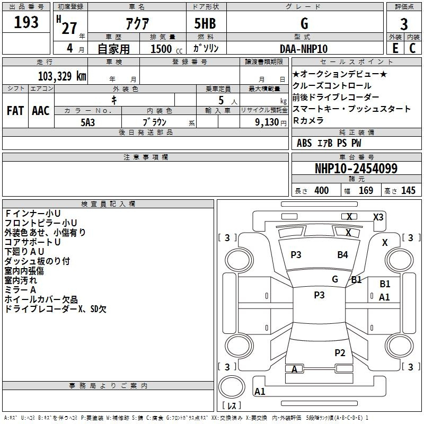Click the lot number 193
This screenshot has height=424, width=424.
click(x=26, y=22)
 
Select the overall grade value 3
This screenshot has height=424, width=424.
click(x=404, y=24)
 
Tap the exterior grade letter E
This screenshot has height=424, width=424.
click(x=395, y=48)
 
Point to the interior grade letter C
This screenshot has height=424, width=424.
click(x=412, y=48)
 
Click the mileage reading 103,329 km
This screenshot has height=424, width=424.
click(x=62, y=76)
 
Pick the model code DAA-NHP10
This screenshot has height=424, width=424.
click(x=303, y=49)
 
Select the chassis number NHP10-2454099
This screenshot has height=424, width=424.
click(x=356, y=168)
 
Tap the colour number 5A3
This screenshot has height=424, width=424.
click(x=87, y=122)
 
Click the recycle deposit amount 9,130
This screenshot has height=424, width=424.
click(x=267, y=122)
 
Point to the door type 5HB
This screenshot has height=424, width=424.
click(x=205, y=23)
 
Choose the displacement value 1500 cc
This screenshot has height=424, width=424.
click(x=166, y=49)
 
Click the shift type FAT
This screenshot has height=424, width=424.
click(x=15, y=111)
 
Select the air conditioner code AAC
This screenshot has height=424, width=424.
click(x=41, y=111)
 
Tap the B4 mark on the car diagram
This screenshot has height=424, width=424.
click(x=342, y=255)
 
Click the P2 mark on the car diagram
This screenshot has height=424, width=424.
click(x=340, y=352)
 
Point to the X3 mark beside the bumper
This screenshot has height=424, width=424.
click(x=378, y=217)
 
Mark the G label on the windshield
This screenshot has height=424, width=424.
click(x=335, y=279)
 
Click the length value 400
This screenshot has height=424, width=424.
click(x=322, y=190)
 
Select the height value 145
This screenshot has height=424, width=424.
click(x=408, y=190)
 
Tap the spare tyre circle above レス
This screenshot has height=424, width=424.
click(x=232, y=387)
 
